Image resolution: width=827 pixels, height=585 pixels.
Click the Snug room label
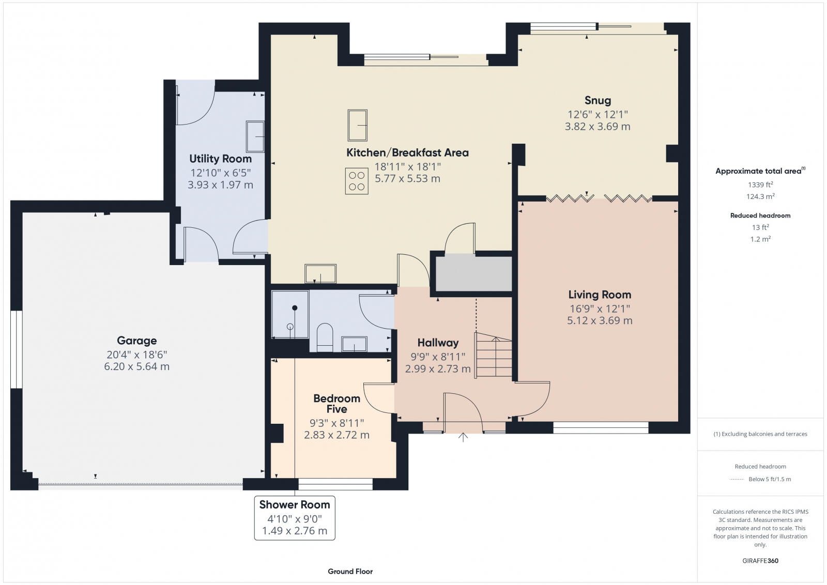[x=598, y=100]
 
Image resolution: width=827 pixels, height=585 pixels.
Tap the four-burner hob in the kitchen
[x=357, y=181]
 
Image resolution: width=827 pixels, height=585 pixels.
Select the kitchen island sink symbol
[x=357, y=125]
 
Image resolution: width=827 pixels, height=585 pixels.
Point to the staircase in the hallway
[x=494, y=356]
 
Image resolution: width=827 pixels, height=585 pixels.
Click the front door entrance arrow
[x=463, y=437]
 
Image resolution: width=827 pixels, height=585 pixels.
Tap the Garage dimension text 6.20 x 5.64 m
[x=136, y=366]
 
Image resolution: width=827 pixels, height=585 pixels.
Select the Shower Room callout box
[x=295, y=518]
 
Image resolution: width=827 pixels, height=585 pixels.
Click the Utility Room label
[x=220, y=159]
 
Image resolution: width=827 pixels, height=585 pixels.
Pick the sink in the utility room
[x=255, y=136]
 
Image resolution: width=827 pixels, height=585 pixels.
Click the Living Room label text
[x=600, y=295]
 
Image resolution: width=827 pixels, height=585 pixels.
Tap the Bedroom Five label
[x=336, y=404]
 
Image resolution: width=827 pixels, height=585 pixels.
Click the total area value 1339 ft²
[x=760, y=184]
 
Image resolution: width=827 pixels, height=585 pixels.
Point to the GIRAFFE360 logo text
[x=760, y=561]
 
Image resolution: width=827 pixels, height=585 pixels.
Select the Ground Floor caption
[x=350, y=571]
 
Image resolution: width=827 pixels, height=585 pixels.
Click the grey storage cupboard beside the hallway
[x=473, y=273]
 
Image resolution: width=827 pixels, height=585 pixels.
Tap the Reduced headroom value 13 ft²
[x=760, y=227]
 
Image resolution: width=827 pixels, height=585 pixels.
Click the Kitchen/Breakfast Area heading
[x=407, y=152]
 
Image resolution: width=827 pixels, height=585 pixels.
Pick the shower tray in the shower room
[x=290, y=314]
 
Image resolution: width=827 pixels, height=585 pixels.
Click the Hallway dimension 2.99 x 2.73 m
[x=438, y=369]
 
